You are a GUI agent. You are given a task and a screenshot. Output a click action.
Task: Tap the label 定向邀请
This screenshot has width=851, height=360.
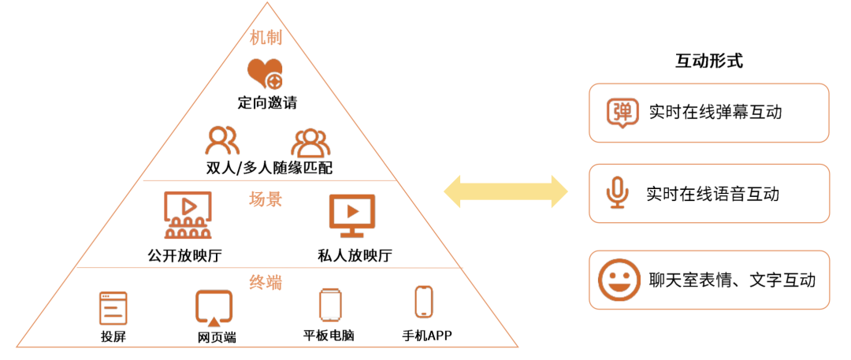pos(267,102)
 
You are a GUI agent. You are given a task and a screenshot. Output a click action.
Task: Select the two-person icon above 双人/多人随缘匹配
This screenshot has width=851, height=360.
pos(222,141)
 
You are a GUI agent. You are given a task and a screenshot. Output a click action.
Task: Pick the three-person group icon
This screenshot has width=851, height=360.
pos(310,142)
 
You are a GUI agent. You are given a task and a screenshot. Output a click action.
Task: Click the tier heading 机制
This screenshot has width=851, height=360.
pos(266,38)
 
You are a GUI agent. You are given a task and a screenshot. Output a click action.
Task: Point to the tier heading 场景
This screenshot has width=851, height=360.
pos(266,199)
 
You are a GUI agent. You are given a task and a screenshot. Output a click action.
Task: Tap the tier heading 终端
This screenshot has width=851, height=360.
pos(266,282)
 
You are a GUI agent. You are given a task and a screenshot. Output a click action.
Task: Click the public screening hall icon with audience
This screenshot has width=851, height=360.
pos(187,215)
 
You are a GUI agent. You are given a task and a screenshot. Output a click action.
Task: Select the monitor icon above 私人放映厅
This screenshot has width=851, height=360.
pos(351,215)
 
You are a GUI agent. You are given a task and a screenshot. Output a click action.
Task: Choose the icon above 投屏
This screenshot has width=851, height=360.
pos(113,308)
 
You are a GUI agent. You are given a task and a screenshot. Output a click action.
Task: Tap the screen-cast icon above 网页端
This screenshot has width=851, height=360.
pos(214,308)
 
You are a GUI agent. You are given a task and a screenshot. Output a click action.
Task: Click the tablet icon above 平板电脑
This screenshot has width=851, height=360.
pos(329,305)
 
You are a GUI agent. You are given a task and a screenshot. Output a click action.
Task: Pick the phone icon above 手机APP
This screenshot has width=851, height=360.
pos(424,302)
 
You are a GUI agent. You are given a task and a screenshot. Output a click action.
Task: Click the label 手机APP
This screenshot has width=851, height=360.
pos(427,336)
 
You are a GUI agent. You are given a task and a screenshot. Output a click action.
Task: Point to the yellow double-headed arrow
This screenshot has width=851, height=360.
pos(505,192)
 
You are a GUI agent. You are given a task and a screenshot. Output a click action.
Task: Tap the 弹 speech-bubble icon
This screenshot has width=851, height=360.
pos(622,113)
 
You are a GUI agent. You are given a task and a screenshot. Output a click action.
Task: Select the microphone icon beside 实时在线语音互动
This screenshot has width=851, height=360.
pos(618,193)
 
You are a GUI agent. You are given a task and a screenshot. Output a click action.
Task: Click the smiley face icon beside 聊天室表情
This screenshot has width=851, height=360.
pos(619,280)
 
